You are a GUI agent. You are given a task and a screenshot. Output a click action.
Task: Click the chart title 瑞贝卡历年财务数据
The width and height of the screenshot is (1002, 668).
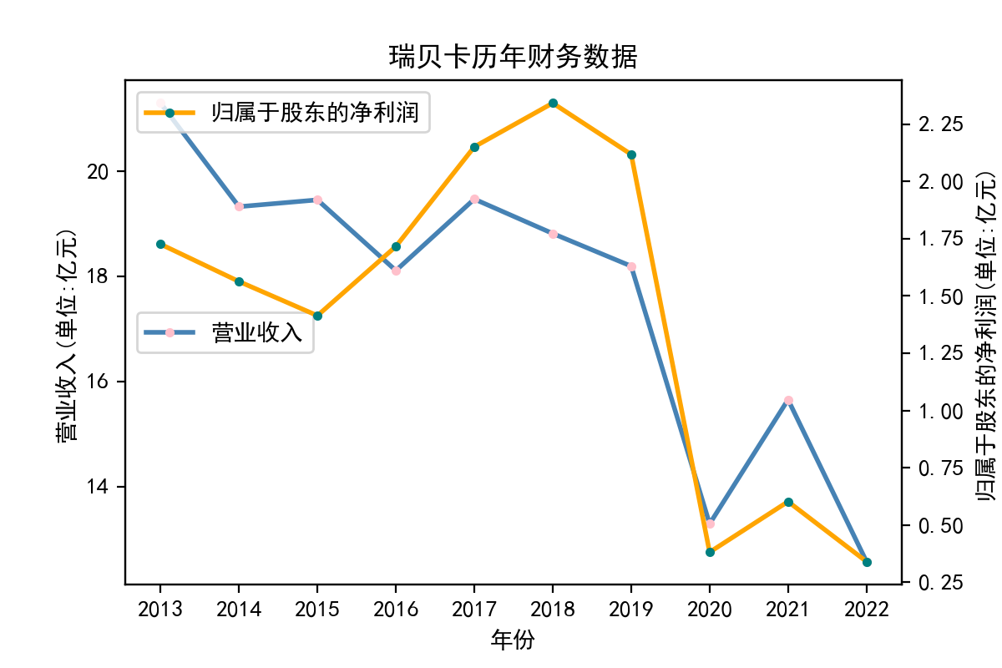(x=514, y=57)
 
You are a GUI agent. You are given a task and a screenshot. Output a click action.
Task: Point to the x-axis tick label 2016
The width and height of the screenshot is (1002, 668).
(x=396, y=610)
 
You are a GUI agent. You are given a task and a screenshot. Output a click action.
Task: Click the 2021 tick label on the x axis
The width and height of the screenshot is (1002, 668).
(x=787, y=610)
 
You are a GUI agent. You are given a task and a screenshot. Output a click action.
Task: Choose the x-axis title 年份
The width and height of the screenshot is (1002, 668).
(x=513, y=640)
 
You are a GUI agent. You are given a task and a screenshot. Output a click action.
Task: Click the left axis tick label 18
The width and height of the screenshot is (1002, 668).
(x=99, y=276)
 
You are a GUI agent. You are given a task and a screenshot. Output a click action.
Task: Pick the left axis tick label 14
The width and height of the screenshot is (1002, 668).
(x=99, y=487)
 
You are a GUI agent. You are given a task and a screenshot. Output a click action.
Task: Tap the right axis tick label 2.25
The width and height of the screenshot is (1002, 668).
(x=940, y=124)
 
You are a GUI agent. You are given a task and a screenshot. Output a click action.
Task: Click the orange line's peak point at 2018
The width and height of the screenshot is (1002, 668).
(x=553, y=103)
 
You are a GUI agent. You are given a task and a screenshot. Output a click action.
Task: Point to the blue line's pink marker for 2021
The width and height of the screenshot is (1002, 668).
(x=788, y=400)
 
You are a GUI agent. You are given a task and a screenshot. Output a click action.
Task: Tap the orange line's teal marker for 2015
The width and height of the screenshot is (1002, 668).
(x=317, y=316)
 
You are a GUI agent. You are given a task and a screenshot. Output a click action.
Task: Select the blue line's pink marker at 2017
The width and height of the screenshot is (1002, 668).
(x=474, y=199)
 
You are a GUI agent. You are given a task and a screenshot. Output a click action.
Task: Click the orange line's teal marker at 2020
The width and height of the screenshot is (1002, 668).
(x=710, y=552)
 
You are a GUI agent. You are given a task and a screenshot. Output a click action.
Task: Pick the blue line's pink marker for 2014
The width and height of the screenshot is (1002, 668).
(x=239, y=206)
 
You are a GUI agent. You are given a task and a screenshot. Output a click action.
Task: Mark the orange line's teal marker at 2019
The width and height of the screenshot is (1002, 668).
(x=631, y=154)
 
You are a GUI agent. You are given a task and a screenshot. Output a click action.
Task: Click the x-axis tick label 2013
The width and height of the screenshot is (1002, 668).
(x=160, y=610)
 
